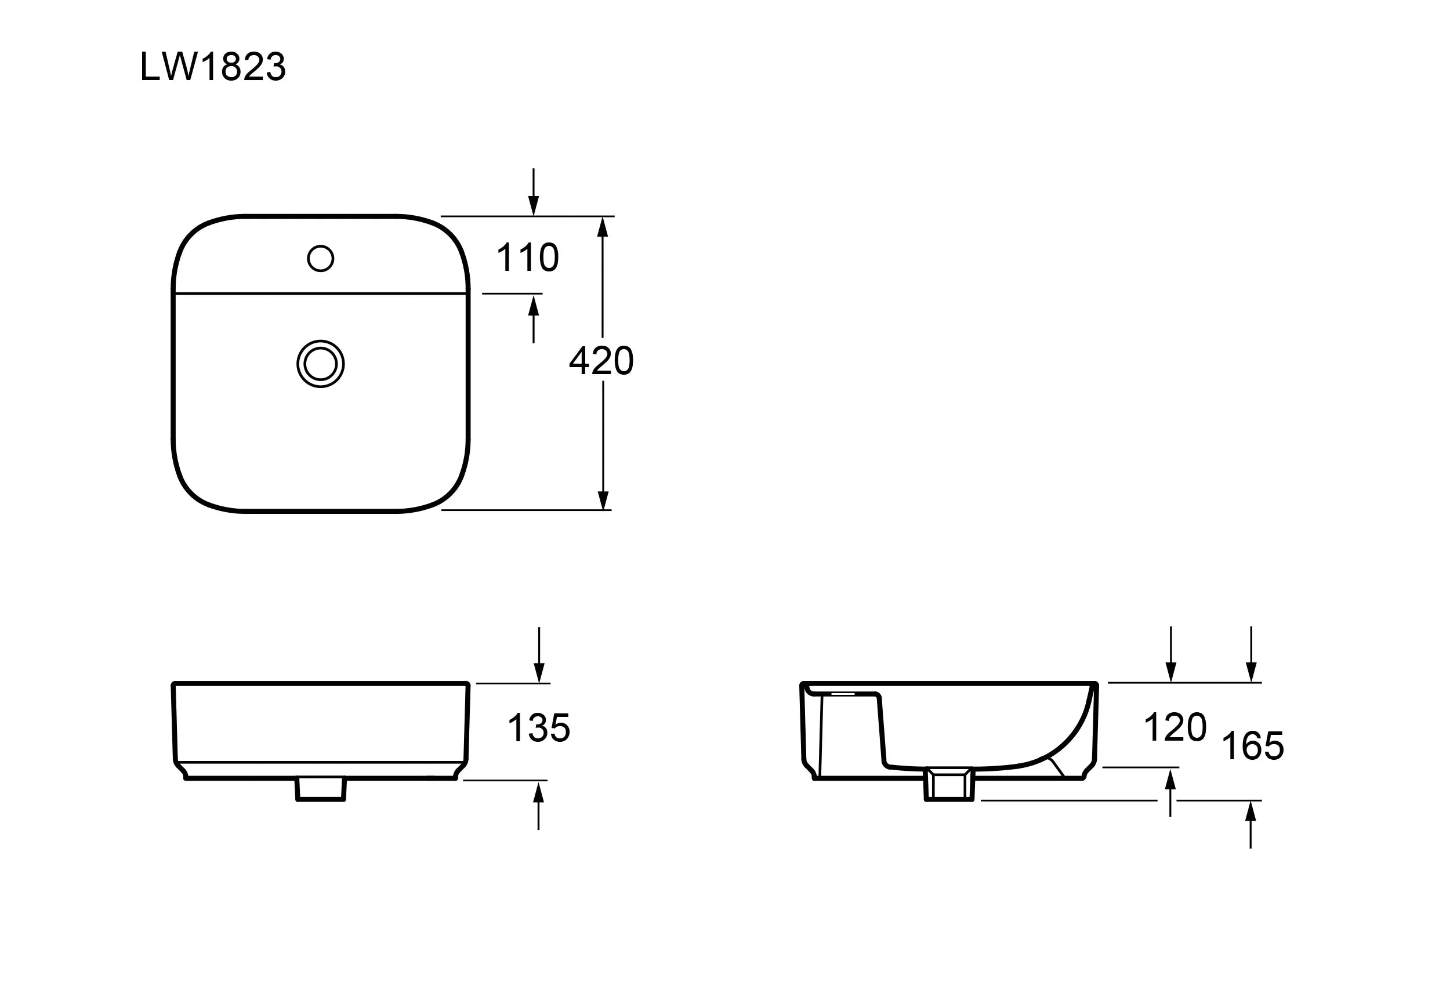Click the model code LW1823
coord(213,67)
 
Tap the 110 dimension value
coord(528,258)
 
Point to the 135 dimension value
coord(539,728)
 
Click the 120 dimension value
coord(1175,727)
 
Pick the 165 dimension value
coord(1253,746)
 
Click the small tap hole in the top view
coord(321,258)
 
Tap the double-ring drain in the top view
coord(321,364)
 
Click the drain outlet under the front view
coord(321,789)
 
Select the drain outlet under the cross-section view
coord(949,785)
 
